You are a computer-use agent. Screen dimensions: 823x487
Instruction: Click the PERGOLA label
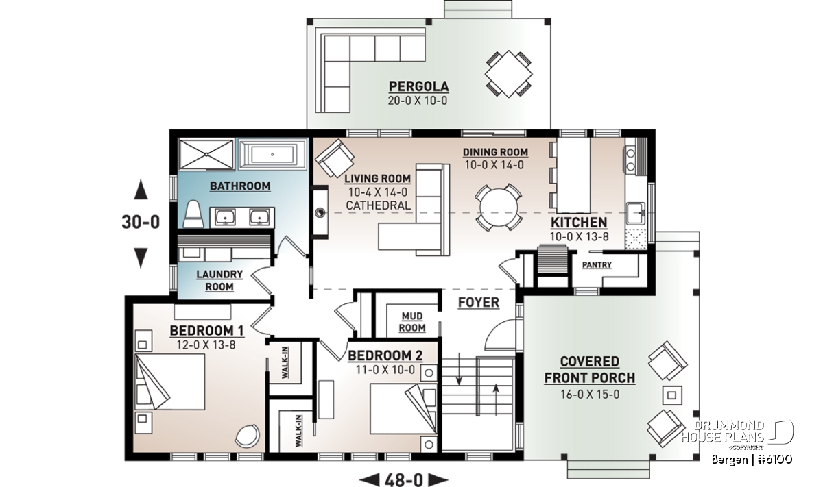[x=418, y=86]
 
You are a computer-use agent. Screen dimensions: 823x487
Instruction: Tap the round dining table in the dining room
[x=499, y=208]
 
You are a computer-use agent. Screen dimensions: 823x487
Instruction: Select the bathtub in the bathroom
[x=272, y=154]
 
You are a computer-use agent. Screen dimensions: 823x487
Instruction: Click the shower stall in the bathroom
[x=206, y=155]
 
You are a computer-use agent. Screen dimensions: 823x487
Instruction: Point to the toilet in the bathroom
[x=193, y=214]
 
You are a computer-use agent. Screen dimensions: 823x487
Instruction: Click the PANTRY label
[x=597, y=265]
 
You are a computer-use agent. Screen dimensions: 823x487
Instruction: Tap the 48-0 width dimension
[x=404, y=479]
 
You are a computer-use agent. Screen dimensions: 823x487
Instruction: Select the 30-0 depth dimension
[x=141, y=222]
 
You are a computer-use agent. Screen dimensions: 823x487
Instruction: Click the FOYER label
[x=479, y=302]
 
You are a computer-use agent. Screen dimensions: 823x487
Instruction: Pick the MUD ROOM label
[x=412, y=322]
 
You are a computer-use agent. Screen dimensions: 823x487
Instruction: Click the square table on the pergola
[x=508, y=74]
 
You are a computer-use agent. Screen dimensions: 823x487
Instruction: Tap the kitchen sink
[x=636, y=213]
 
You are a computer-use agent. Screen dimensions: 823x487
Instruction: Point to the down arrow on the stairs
[x=459, y=369]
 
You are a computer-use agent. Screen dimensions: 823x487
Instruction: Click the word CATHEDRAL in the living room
[x=378, y=205]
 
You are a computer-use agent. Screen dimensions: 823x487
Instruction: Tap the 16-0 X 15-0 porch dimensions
[x=590, y=395]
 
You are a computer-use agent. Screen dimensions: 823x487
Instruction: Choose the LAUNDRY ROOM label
[x=219, y=280]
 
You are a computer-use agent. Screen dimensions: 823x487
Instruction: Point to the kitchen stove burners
[x=630, y=160]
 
